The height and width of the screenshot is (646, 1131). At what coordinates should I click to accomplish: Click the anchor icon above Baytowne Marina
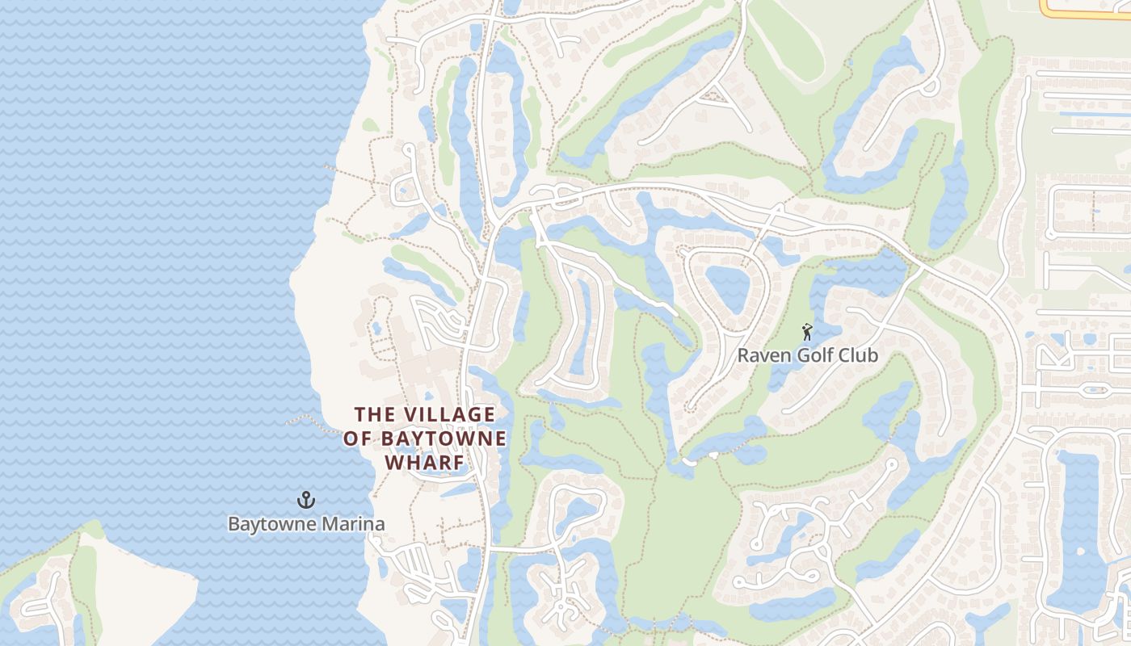click(x=305, y=500)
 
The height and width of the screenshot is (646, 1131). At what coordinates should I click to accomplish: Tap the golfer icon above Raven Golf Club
click(x=806, y=332)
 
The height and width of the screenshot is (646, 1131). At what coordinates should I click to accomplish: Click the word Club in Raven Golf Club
click(x=859, y=355)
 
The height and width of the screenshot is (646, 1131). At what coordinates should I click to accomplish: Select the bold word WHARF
click(x=425, y=463)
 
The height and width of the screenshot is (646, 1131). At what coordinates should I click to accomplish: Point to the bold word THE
click(x=375, y=415)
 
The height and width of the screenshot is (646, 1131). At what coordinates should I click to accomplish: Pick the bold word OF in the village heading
click(x=355, y=439)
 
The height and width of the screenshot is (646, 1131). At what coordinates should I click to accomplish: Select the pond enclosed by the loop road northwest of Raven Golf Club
click(x=727, y=287)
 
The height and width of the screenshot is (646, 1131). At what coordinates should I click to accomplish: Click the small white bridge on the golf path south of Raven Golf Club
click(x=689, y=460)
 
